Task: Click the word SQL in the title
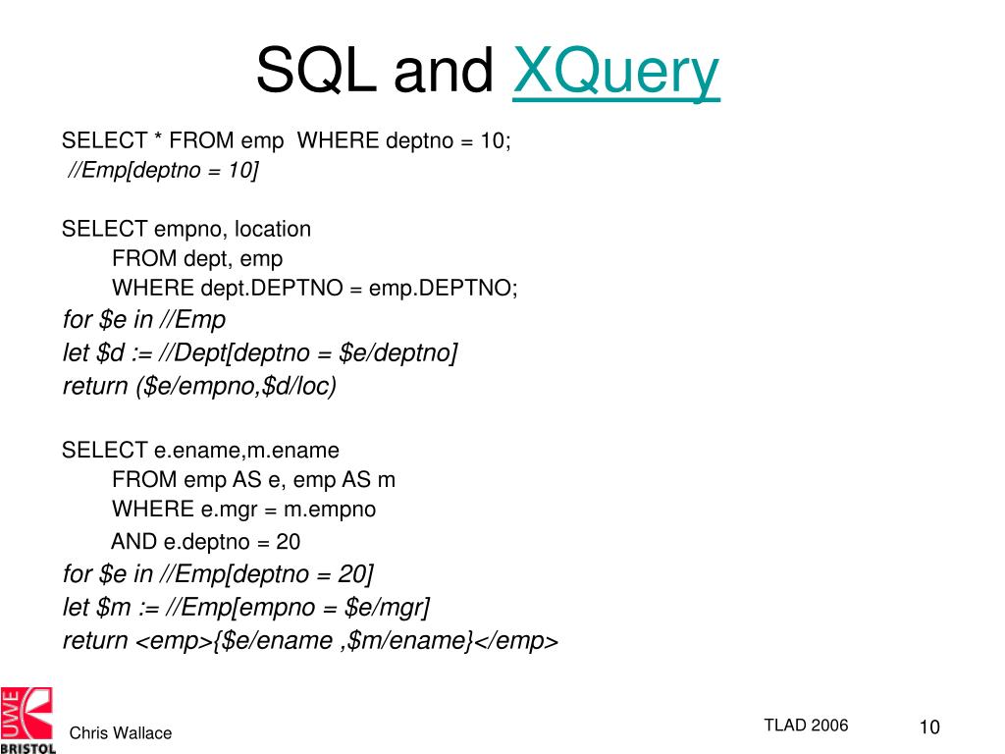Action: tap(316, 73)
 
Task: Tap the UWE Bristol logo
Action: tap(27, 720)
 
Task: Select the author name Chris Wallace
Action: tap(120, 733)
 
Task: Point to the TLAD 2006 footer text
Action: tap(806, 726)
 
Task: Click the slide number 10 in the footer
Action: tap(928, 727)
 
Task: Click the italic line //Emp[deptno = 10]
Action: tap(163, 171)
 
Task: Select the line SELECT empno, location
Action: tap(185, 230)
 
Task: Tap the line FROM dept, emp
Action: tap(197, 259)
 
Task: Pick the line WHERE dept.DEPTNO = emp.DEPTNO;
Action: tap(315, 289)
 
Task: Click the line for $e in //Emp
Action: tap(144, 320)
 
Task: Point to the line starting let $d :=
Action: tap(260, 352)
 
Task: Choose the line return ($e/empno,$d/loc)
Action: tap(199, 386)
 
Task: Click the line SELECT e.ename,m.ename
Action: tap(200, 451)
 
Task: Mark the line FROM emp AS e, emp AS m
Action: tap(253, 480)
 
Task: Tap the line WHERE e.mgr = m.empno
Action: tap(243, 510)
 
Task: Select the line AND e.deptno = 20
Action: tap(205, 541)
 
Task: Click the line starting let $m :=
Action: tap(246, 607)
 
